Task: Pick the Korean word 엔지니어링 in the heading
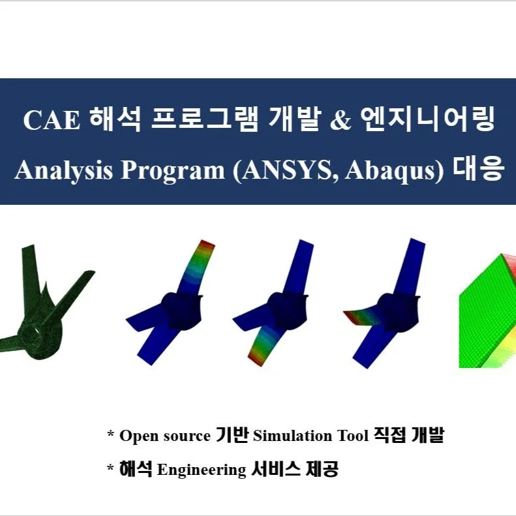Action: pyautogui.click(x=428, y=121)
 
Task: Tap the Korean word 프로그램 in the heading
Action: pyautogui.click(x=205, y=121)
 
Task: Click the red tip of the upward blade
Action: pyautogui.click(x=207, y=247)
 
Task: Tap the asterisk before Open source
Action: pyautogui.click(x=111, y=434)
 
